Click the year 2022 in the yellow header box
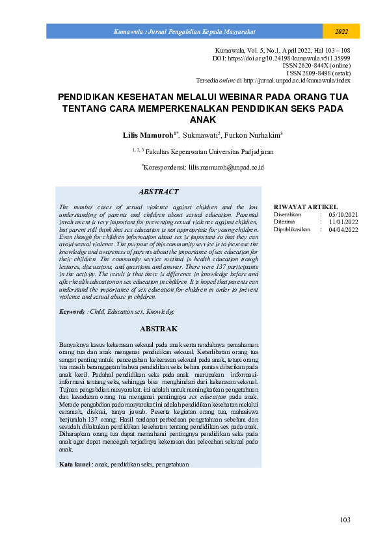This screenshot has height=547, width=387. coord(341,31)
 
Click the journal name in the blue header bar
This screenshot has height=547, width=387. coord(184,31)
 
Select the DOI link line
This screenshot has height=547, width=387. coord(282,58)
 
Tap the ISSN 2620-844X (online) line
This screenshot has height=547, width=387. coord(317,66)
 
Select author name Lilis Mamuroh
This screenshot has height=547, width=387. coord(147,136)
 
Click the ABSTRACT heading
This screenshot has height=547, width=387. coord(158,192)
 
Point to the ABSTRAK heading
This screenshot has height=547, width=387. coord(158,329)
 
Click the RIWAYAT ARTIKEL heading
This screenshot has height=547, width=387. coord(306,207)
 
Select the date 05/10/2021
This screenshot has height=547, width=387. coord(344,214)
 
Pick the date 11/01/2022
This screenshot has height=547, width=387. coord(344,222)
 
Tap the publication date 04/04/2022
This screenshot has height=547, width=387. coord(344,229)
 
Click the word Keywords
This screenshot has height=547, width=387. coord(72,312)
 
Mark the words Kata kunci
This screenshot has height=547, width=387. coord(74,464)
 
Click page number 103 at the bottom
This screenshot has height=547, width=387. coord(345,520)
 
